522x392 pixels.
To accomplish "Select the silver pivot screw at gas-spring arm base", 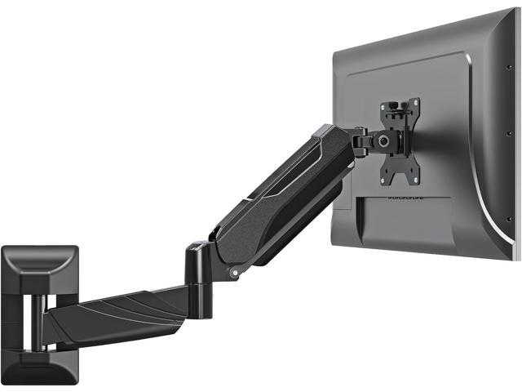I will click(234, 270).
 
